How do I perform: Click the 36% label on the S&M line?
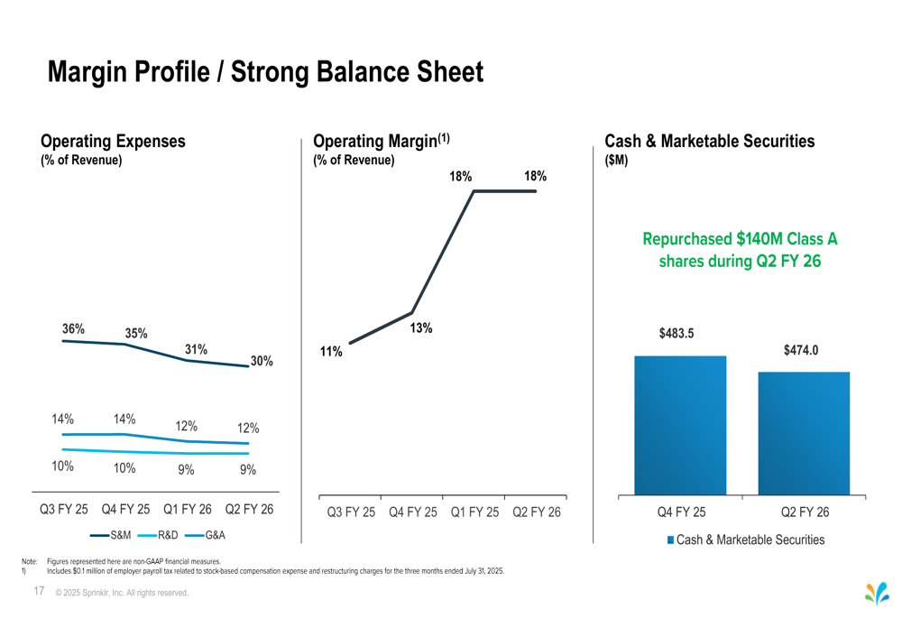click(73, 329)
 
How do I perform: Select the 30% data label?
click(262, 361)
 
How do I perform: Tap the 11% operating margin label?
click(331, 352)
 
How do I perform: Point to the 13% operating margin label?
click(421, 328)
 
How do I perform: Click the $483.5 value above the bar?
click(676, 334)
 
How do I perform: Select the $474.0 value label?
click(800, 350)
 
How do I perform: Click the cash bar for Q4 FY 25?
click(680, 425)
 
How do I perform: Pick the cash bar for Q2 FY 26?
click(804, 433)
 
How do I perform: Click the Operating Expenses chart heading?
click(113, 142)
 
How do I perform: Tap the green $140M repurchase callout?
click(740, 250)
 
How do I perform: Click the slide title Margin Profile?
click(265, 72)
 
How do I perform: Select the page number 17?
click(39, 591)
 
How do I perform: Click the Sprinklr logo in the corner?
click(876, 593)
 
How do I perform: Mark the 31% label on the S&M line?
click(196, 349)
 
